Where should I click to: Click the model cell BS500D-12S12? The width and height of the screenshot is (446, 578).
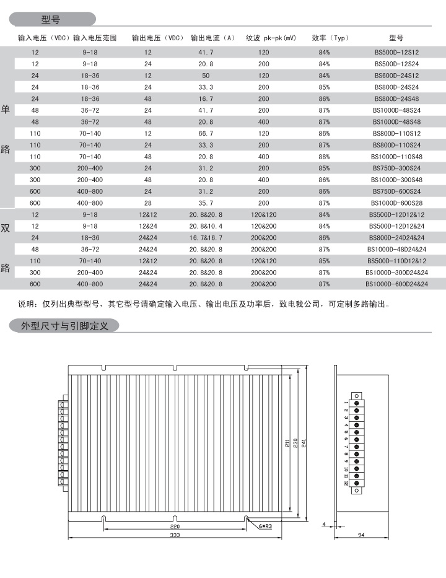(396, 53)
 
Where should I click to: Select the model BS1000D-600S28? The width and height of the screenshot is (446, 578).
(396, 203)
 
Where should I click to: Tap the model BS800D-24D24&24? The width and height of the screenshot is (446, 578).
(396, 238)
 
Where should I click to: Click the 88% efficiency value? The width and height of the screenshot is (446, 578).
(324, 157)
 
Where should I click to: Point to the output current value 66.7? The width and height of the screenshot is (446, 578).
(206, 134)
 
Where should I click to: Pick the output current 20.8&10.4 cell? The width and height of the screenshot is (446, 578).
(206, 227)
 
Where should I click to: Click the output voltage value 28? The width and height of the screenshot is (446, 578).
(148, 203)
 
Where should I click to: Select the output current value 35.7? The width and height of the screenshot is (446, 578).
(206, 203)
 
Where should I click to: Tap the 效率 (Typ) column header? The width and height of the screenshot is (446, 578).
(331, 38)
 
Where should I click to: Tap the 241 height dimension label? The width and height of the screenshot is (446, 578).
(304, 444)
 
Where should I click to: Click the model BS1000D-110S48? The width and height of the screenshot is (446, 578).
(396, 157)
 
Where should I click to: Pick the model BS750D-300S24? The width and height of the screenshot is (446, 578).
(396, 169)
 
